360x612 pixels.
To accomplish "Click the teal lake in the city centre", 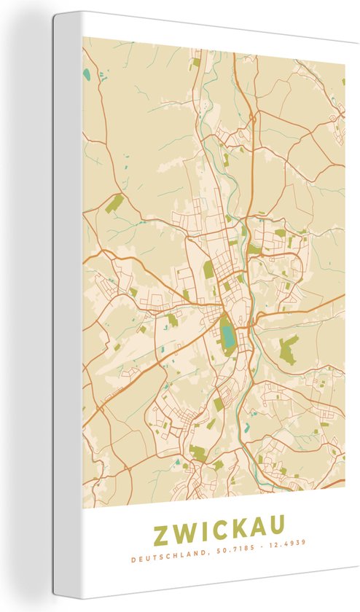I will coord(228,336).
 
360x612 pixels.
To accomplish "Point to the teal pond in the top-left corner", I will coord(87,74).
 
